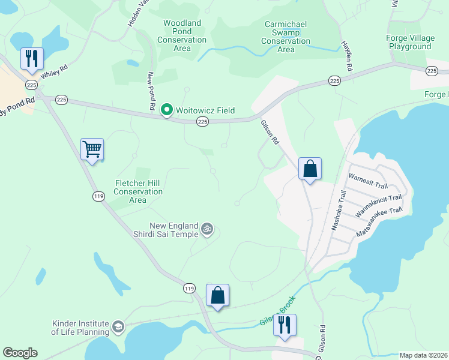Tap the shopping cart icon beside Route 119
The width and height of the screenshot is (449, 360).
(92, 149)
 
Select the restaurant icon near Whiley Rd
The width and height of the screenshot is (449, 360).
(32, 58)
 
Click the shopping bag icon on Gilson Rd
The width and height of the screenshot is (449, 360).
(310, 168)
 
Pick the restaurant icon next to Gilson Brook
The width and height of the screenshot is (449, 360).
(284, 325)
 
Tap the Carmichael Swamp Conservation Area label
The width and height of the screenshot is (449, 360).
(286, 37)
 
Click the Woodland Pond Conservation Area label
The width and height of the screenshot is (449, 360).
(182, 35)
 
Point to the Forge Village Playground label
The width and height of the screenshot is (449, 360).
(409, 42)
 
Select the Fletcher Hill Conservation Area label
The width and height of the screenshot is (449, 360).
(138, 191)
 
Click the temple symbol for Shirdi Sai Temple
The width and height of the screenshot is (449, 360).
(207, 228)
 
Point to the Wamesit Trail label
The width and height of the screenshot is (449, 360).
(369, 181)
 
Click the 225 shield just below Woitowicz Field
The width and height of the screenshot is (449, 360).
(203, 122)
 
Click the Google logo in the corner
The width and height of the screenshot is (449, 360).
(20, 353)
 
